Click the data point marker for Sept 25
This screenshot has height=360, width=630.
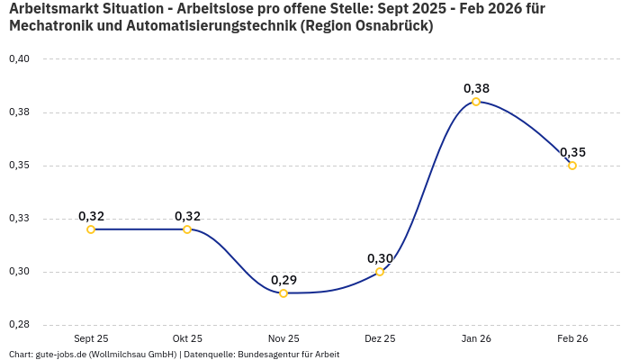click(91, 229)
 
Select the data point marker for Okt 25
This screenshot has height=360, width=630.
click(187, 229)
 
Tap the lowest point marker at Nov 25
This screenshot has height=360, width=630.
click(283, 293)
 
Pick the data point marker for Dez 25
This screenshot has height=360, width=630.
click(380, 272)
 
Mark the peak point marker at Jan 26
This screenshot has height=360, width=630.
click(476, 102)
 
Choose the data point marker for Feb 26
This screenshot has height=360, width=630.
click(572, 166)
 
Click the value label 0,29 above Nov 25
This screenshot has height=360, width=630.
click(283, 280)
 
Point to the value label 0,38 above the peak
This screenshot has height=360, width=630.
click(476, 88)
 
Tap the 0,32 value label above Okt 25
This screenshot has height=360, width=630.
click(187, 216)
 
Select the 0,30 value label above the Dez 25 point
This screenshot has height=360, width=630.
click(380, 258)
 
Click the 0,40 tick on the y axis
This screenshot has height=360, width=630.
click(19, 59)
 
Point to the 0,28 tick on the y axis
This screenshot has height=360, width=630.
click(19, 325)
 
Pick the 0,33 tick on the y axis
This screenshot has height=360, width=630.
click(19, 219)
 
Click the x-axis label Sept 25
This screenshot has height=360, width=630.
click(91, 338)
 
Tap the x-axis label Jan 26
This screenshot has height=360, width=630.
click(476, 338)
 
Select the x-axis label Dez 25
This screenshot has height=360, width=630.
click(380, 338)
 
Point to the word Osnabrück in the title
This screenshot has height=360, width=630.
click(391, 26)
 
